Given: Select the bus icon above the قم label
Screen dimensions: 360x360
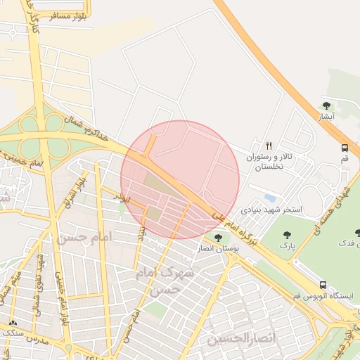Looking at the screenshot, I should (345, 148).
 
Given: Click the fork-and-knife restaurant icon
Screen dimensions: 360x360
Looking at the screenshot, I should (268, 146).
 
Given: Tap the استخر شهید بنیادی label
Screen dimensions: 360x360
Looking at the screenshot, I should (271, 210).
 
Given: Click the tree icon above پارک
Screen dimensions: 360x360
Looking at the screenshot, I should (286, 235).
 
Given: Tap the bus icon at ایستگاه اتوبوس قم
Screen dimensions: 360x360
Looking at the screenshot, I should (323, 284).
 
